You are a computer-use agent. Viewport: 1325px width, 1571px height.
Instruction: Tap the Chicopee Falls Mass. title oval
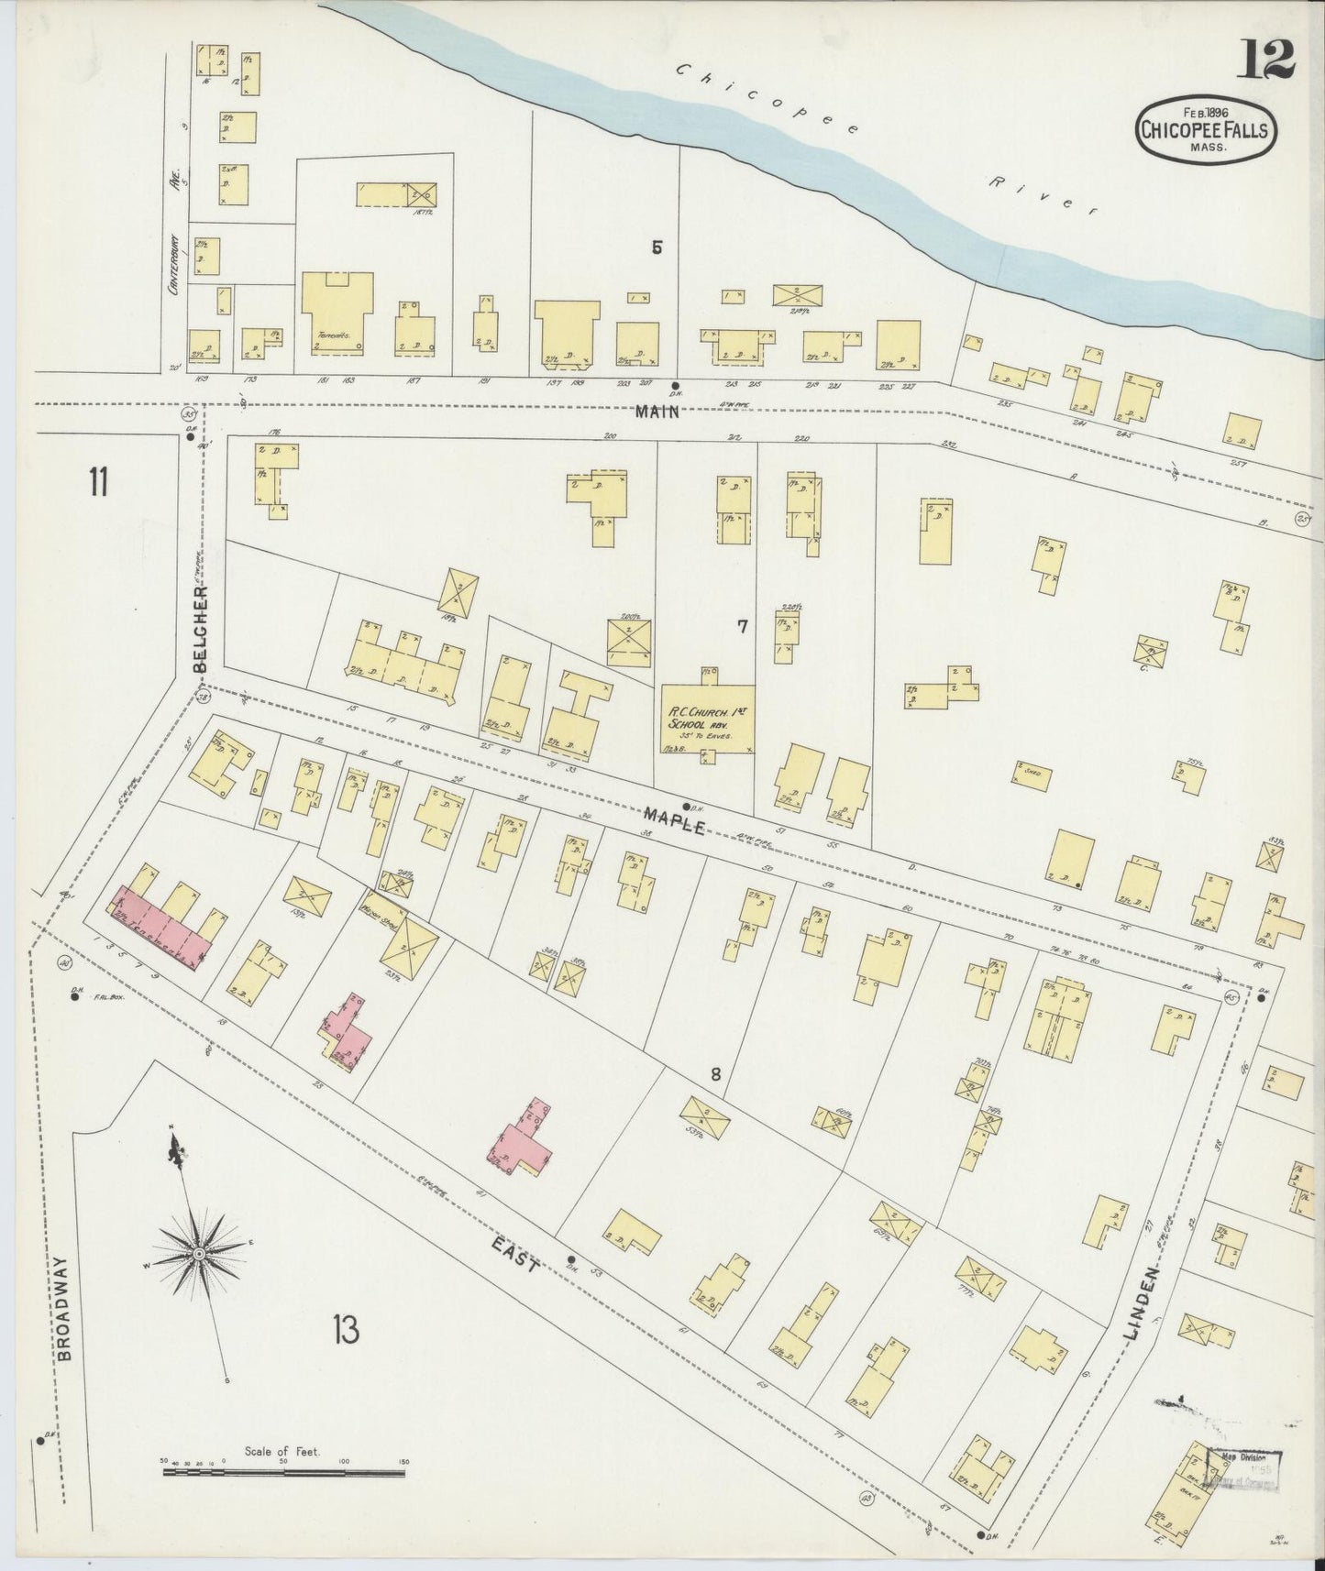[x=1203, y=130]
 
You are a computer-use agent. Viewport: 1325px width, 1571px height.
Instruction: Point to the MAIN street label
[x=658, y=412]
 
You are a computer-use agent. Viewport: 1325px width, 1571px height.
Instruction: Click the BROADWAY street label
[x=62, y=1315]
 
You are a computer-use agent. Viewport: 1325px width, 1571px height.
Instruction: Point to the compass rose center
[x=198, y=1253]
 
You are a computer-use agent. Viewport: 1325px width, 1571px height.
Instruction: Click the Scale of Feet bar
[x=282, y=1472]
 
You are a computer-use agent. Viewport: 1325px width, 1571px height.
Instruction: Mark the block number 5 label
[x=657, y=247]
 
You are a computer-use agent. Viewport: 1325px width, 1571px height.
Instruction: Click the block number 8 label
[x=716, y=1073]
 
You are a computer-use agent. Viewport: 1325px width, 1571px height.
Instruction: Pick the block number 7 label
[x=742, y=627]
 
